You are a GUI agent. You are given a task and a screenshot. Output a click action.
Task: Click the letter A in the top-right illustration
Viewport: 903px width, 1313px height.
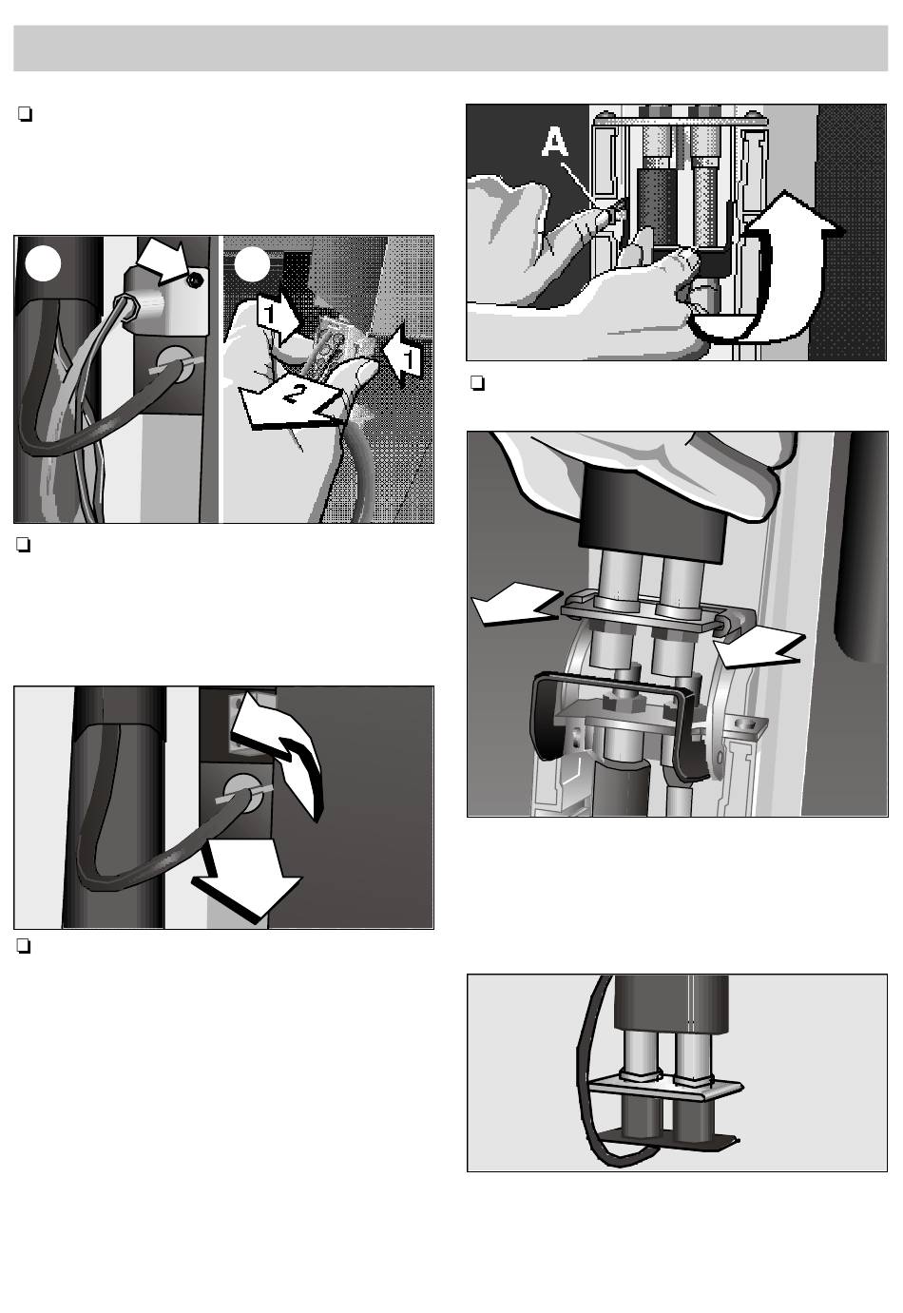pos(554,143)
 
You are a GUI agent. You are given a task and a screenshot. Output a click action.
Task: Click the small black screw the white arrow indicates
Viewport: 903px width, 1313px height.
pos(194,282)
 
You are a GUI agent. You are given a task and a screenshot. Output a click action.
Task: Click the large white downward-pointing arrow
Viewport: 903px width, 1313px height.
pos(246,879)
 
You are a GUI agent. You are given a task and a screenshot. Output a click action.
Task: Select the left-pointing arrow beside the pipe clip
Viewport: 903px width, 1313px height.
pos(512,608)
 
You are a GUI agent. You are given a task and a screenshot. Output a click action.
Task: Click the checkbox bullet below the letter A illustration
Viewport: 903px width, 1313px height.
pos(477,384)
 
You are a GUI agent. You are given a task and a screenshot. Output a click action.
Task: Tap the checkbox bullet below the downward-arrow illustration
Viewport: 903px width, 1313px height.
pos(24,947)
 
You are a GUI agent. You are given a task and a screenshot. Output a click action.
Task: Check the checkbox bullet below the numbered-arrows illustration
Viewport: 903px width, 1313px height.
pos(24,545)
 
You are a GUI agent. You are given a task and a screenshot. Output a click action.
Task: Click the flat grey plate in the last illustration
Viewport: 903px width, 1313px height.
pos(665,1088)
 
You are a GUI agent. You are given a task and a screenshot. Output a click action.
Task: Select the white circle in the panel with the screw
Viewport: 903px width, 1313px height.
pos(44,263)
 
